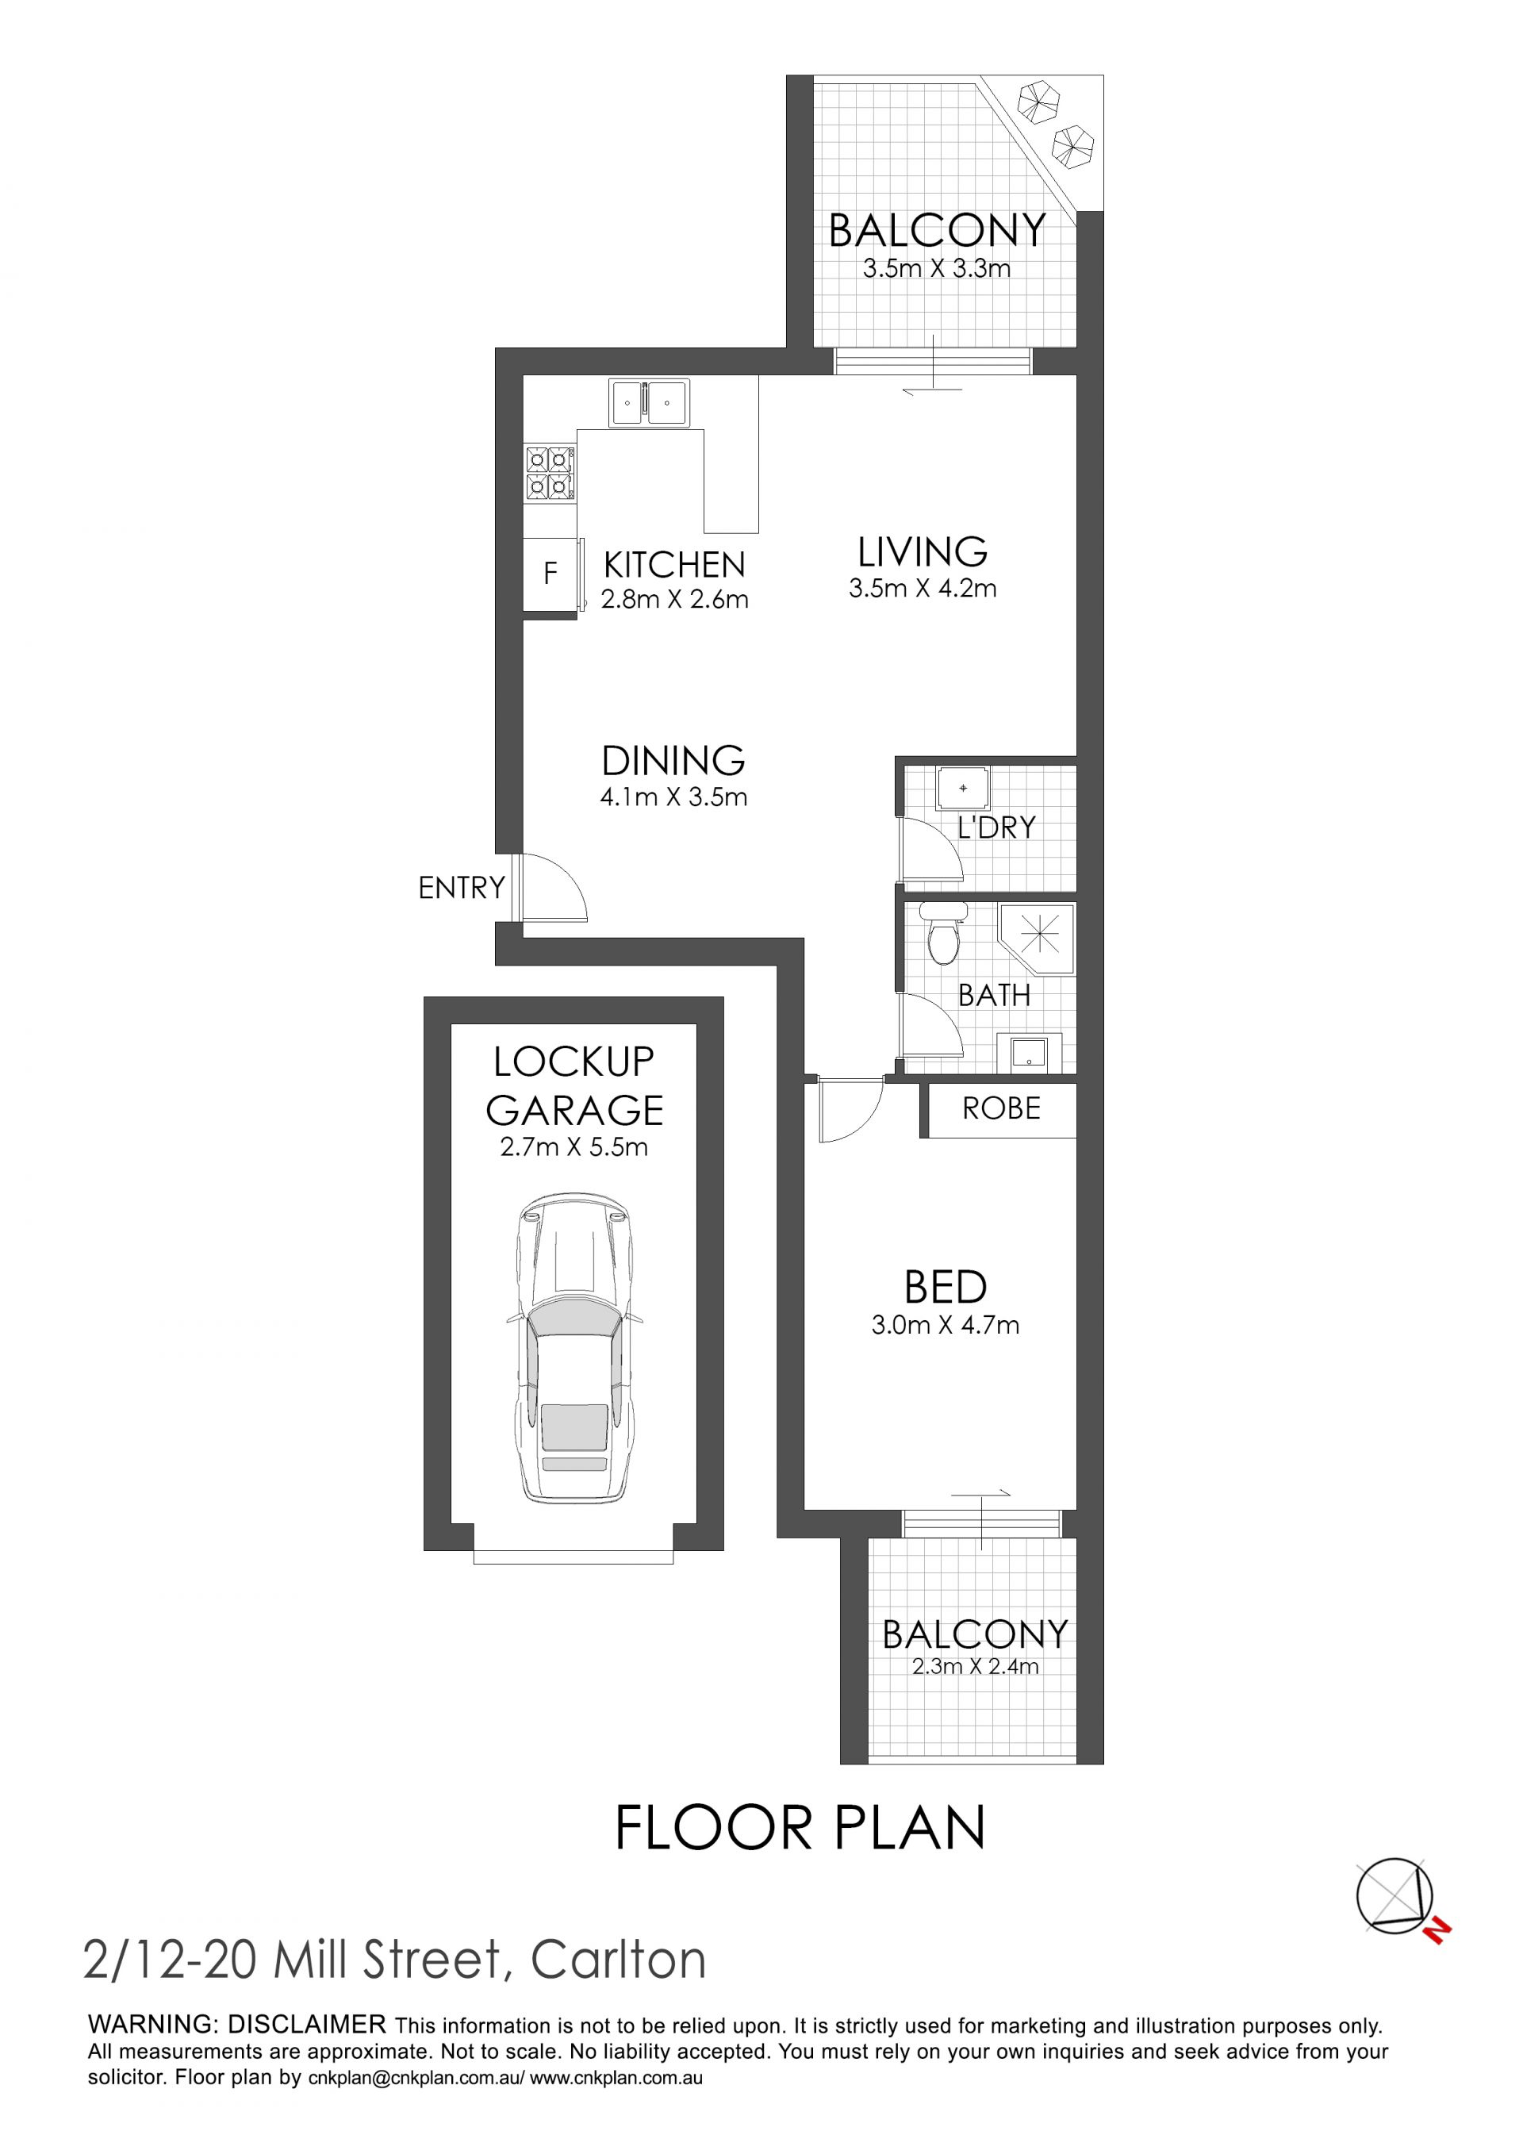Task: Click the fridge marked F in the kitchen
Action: [x=550, y=574]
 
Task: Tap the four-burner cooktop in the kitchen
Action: [x=549, y=472]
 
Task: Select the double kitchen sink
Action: [x=649, y=402]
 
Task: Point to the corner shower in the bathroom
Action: [x=1038, y=939]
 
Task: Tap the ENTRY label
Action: [x=462, y=888]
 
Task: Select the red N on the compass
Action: [x=1436, y=1931]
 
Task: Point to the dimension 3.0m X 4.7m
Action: [x=946, y=1325]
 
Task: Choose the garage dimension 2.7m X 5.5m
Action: [x=574, y=1146]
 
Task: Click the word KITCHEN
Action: [x=674, y=565]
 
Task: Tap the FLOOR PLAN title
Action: [x=800, y=1827]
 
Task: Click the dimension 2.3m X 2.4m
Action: [x=976, y=1665]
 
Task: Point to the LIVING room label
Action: [x=923, y=551]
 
